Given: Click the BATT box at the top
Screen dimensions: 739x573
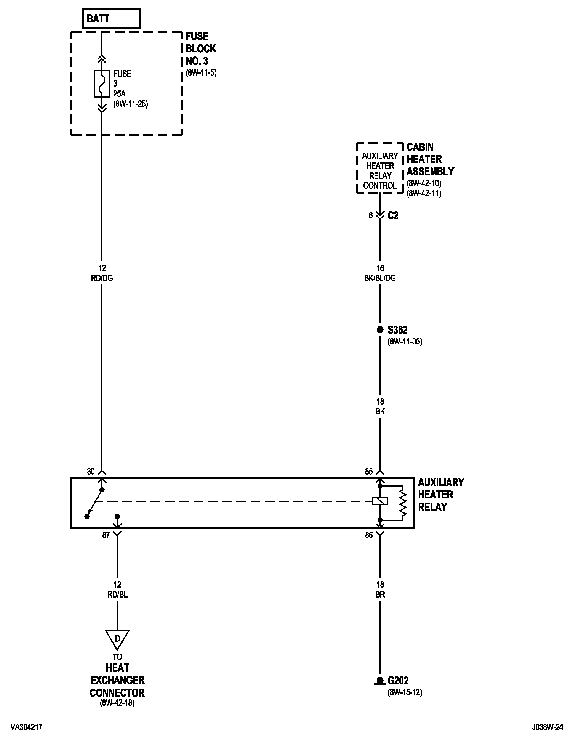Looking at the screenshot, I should [111, 19].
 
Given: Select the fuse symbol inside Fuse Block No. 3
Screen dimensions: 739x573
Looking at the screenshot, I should [102, 84].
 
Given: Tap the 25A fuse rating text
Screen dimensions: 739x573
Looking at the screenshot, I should [120, 93].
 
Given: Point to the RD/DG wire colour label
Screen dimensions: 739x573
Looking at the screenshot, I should [102, 278].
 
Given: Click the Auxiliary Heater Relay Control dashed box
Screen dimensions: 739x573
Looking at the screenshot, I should [380, 168].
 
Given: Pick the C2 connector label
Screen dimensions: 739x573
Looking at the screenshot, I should [393, 216].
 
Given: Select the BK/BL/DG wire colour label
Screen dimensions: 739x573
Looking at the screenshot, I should [380, 278].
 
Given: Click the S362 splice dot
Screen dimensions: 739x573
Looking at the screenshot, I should [380, 330].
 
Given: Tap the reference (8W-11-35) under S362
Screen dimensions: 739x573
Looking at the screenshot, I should [405, 341].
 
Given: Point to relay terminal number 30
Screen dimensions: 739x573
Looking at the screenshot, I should [91, 472].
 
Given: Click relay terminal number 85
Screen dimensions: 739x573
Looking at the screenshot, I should [369, 472].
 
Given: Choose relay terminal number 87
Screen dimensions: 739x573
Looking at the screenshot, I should [106, 535].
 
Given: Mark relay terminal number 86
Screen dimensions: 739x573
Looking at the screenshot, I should [369, 535].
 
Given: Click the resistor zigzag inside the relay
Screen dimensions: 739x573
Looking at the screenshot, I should [403, 503].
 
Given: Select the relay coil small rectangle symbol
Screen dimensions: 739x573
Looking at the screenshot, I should [380, 501].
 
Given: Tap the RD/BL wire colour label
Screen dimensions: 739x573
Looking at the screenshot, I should [117, 594].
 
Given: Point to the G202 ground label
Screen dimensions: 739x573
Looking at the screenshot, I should [398, 680].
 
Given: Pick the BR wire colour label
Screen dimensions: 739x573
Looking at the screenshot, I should [380, 594].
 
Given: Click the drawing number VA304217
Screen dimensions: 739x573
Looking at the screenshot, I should [26, 728].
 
